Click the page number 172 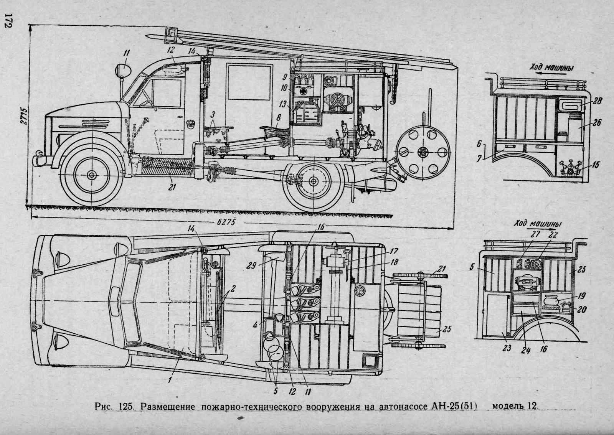(7, 20)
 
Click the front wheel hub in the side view (91, 175)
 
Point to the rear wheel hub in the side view (314, 181)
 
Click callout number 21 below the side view (172, 187)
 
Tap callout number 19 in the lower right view (581, 297)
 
